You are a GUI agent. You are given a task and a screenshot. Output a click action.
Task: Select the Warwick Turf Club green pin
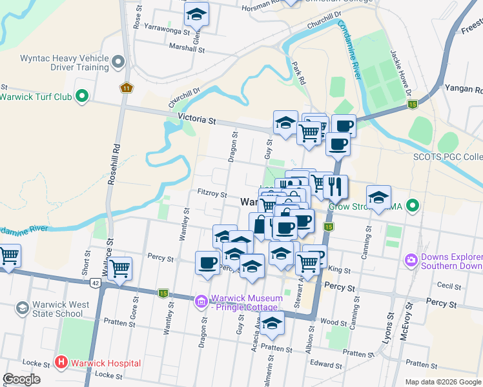(x=81, y=97)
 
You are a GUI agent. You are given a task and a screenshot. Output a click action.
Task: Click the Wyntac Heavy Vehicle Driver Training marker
(x=118, y=62)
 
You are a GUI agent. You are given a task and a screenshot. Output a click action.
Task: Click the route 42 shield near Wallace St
(x=96, y=283)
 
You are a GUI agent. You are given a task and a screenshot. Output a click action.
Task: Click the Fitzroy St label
(x=212, y=193)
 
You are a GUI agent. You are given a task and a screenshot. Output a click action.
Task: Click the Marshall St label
(x=186, y=48)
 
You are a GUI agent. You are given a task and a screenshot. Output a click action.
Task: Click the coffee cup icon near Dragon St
(x=208, y=263)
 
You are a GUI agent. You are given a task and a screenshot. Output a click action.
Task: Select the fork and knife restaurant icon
(x=335, y=186)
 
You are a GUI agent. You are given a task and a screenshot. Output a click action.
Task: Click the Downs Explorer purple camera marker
(x=410, y=261)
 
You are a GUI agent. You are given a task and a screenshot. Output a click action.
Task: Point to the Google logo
(x=21, y=379)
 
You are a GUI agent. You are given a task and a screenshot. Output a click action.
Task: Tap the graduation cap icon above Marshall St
(x=197, y=14)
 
